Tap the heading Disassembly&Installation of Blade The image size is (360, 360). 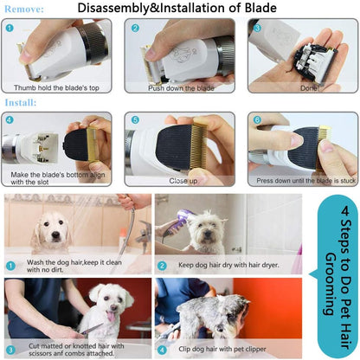pyautogui.click(x=177, y=10)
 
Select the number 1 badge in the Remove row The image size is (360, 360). pyautogui.click(x=10, y=27)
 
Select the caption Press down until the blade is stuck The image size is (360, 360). pyautogui.click(x=301, y=181)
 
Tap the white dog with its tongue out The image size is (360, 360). pyautogui.click(x=108, y=312)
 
